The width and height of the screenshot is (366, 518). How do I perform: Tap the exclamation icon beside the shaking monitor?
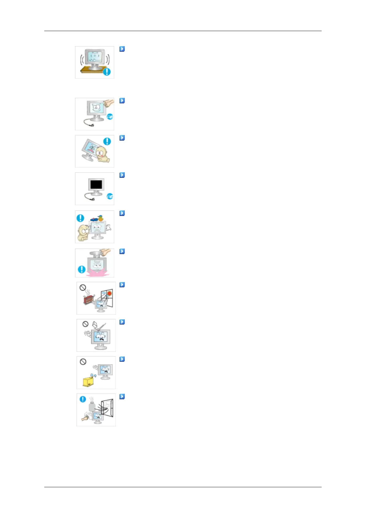[x=107, y=72]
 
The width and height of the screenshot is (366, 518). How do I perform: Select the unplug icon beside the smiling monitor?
[x=110, y=117]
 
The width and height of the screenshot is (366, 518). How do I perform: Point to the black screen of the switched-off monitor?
[x=96, y=185]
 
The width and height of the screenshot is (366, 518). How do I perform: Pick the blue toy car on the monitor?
[x=93, y=220]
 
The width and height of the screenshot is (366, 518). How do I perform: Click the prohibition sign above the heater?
[x=82, y=288]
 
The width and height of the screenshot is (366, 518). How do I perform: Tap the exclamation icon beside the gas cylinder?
[x=83, y=399]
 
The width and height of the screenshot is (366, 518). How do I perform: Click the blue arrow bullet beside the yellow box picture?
[x=122, y=359]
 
